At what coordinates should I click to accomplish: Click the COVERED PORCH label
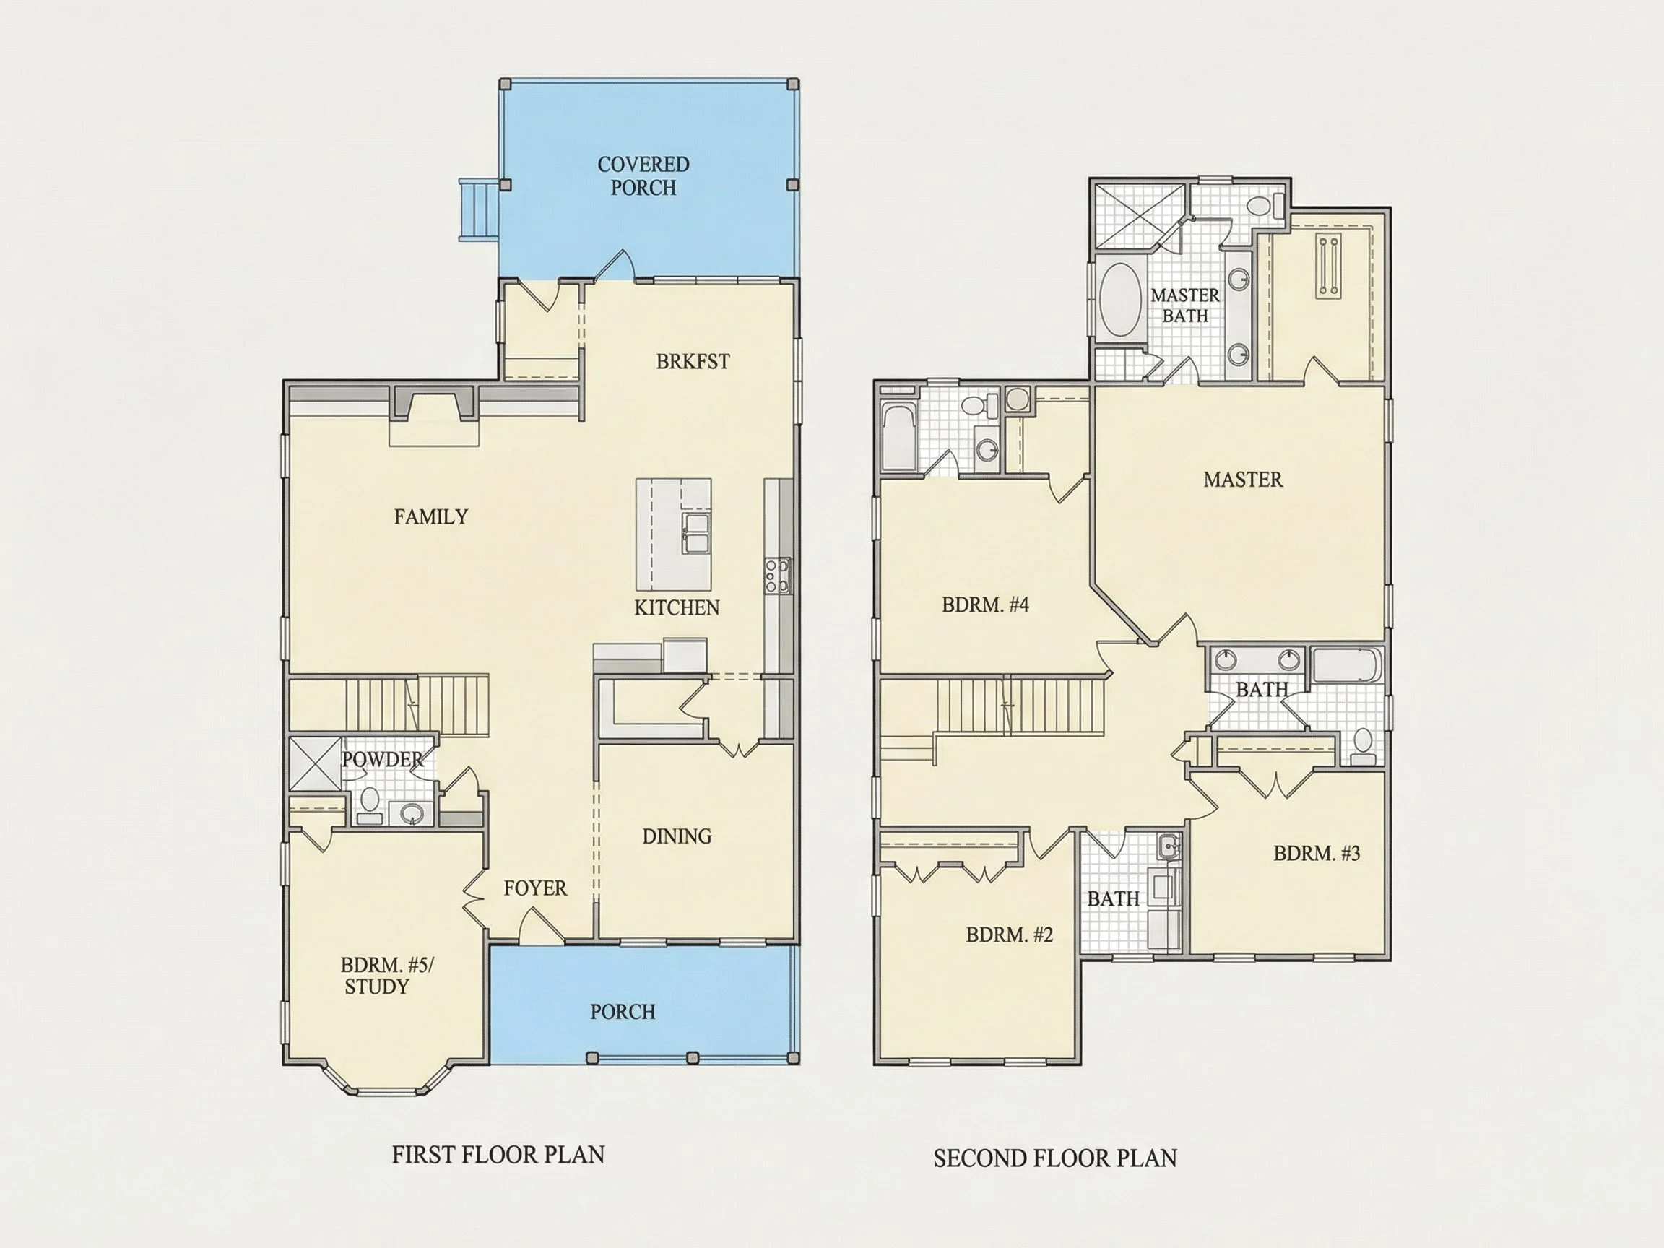coord(643,176)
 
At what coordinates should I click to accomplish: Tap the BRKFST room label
coord(693,362)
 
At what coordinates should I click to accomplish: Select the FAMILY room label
coord(431,517)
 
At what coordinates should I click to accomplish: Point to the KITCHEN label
coord(677,608)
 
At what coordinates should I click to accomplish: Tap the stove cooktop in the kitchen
coord(778,576)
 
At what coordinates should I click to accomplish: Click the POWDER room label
coord(383,760)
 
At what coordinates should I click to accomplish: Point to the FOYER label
coord(536,888)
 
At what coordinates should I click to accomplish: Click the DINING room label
coord(677,836)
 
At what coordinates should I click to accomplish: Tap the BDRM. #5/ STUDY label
coord(386,976)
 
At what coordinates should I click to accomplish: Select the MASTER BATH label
coord(1186,305)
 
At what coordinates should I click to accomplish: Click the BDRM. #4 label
coord(985,604)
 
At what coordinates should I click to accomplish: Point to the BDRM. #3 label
coord(1317,853)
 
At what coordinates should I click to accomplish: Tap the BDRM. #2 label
coord(1010,935)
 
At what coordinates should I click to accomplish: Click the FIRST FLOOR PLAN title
coord(498,1155)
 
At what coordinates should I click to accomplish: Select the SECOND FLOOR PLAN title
coord(1055,1158)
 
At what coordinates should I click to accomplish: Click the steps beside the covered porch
coord(479,210)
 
